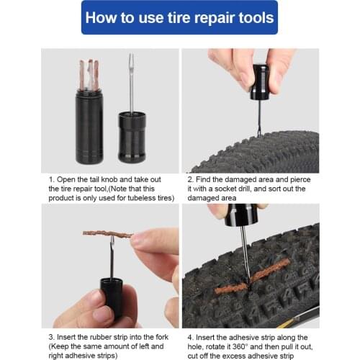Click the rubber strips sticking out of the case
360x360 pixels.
point(89,74)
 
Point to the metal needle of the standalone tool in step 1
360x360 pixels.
point(131,83)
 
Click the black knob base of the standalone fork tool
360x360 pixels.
point(131,138)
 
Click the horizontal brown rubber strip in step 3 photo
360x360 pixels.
point(107,234)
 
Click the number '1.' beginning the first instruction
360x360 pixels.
point(52,179)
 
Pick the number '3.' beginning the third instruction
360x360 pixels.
point(52,337)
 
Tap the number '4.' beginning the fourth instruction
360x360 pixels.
point(189,337)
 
